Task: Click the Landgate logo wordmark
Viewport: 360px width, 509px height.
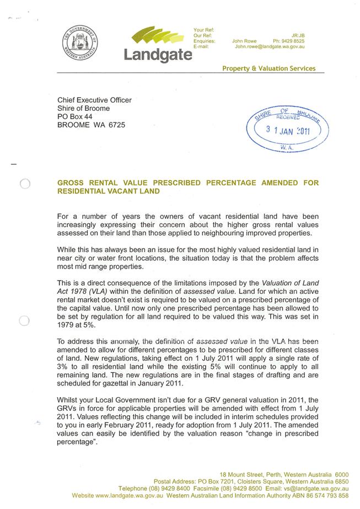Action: click(158, 55)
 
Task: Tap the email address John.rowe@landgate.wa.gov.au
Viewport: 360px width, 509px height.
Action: click(270, 47)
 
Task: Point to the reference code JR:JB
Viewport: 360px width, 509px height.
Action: click(298, 35)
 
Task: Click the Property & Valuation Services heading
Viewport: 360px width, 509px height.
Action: click(268, 68)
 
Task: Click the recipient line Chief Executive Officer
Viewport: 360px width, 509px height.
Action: click(94, 100)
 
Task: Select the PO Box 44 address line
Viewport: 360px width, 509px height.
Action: click(75, 117)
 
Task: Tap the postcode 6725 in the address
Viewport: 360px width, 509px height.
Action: click(116, 125)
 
